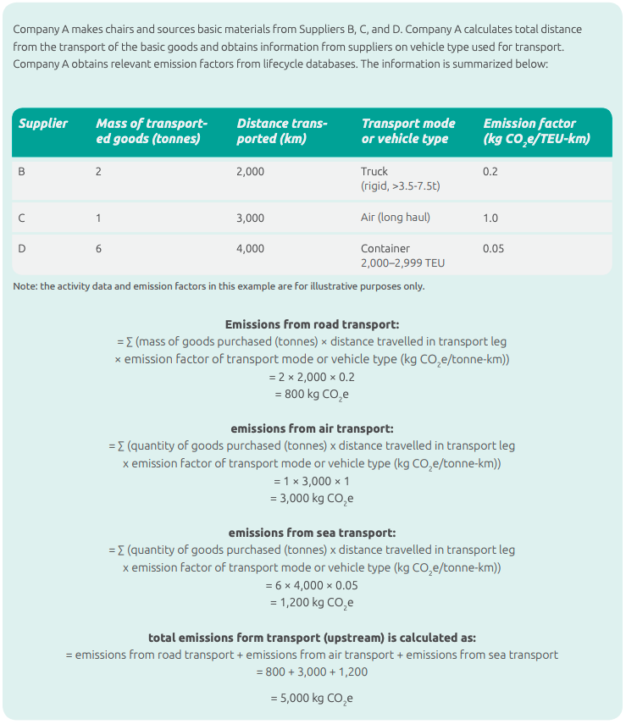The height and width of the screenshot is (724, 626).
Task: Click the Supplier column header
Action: [x=43, y=124]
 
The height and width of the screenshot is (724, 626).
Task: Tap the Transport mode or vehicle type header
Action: [x=408, y=130]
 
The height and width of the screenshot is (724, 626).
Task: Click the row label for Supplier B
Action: [x=22, y=172]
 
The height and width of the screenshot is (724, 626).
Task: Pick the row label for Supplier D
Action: [x=22, y=249]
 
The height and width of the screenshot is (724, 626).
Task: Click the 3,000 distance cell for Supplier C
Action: [x=250, y=218]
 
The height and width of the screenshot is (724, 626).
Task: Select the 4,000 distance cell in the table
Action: [x=250, y=249]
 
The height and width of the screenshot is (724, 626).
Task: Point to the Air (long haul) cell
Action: [x=395, y=218]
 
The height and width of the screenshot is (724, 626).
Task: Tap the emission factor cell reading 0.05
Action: [x=493, y=249]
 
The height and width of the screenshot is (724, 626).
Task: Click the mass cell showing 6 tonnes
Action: [x=98, y=249]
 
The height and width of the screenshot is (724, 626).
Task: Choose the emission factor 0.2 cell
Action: [x=490, y=172]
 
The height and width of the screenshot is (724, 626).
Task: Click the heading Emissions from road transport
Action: [x=312, y=324]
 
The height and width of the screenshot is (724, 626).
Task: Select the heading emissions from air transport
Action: [x=312, y=428]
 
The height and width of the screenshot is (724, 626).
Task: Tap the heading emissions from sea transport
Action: [x=312, y=533]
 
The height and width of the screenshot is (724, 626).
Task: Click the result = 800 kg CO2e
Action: [x=312, y=394]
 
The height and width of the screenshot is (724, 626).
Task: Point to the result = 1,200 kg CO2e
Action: [x=312, y=603]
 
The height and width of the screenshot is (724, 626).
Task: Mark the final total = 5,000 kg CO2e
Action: [x=312, y=699]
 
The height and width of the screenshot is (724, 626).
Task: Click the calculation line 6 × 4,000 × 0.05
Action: [x=312, y=585]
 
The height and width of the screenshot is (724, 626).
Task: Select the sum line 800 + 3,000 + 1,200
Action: [x=312, y=672]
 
